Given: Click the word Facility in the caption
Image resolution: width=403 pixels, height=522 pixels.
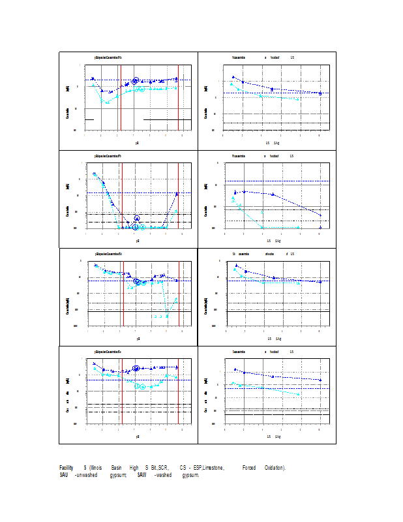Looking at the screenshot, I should pyautogui.click(x=66, y=468).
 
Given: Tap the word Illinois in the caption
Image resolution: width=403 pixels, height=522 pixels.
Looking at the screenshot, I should pyautogui.click(x=95, y=468).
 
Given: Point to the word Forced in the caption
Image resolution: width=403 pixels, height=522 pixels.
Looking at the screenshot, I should pyautogui.click(x=249, y=468).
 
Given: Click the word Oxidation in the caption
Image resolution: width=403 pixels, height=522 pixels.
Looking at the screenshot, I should pyautogui.click(x=275, y=468).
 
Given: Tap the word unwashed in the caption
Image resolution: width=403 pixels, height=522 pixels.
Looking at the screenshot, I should pyautogui.click(x=91, y=474).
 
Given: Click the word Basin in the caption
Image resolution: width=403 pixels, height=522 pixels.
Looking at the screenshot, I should pyautogui.click(x=117, y=468).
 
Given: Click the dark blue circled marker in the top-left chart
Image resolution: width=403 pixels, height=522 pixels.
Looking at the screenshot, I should pyautogui.click(x=135, y=81).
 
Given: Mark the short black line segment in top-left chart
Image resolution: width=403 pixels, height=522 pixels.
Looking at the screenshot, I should pyautogui.click(x=90, y=119).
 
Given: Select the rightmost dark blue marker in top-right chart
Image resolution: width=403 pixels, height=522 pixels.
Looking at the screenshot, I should pyautogui.click(x=320, y=93).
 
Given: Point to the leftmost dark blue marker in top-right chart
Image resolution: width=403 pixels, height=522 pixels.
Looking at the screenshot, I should pyautogui.click(x=233, y=77).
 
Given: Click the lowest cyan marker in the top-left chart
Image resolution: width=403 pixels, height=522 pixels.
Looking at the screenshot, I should pyautogui.click(x=108, y=102).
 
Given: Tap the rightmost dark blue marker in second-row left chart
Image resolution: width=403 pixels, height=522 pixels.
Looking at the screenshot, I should pyautogui.click(x=177, y=194).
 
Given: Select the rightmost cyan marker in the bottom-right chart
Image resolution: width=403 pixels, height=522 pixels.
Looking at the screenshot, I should pyautogui.click(x=299, y=394).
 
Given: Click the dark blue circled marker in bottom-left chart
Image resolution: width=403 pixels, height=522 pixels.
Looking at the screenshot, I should pyautogui.click(x=136, y=369).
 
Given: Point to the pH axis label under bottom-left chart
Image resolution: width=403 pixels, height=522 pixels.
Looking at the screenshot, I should pyautogui.click(x=137, y=436).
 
